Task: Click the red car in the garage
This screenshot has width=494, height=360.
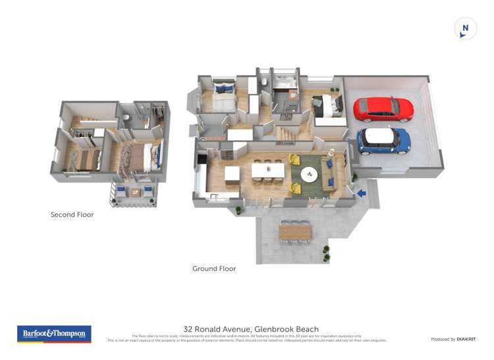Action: pyautogui.click(x=383, y=109)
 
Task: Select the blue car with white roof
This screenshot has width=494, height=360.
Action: pyautogui.click(x=384, y=140)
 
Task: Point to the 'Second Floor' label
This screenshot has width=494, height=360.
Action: pyautogui.click(x=72, y=215)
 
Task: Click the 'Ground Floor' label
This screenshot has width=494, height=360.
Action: pyautogui.click(x=214, y=269)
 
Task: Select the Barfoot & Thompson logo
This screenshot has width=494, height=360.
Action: pyautogui.click(x=54, y=334)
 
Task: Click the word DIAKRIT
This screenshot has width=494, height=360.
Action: pyautogui.click(x=466, y=339)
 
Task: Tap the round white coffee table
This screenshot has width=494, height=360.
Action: pyautogui.click(x=309, y=174)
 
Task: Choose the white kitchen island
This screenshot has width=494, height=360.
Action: pyautogui.click(x=232, y=174)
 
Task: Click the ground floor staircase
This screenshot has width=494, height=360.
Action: pyautogui.click(x=285, y=132)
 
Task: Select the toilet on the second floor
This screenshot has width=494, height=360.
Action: pyautogui.click(x=125, y=118)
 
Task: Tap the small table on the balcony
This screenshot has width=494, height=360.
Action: pyautogui.click(x=135, y=192)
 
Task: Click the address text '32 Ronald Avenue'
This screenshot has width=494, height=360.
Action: pyautogui.click(x=220, y=329)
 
